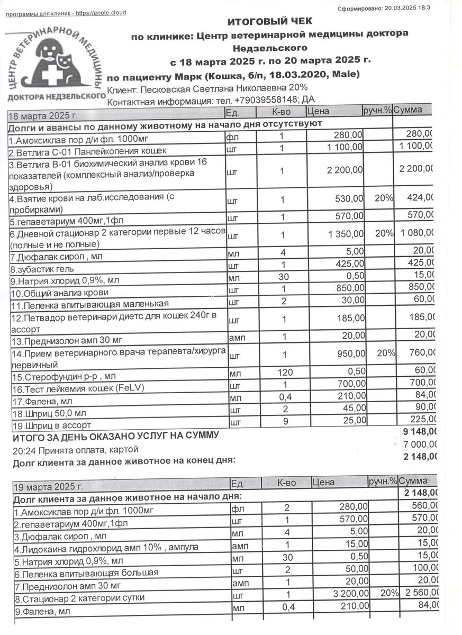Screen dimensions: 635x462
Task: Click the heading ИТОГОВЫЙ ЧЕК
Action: (269, 21)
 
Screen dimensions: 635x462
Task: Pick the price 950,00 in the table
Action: (349, 353)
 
